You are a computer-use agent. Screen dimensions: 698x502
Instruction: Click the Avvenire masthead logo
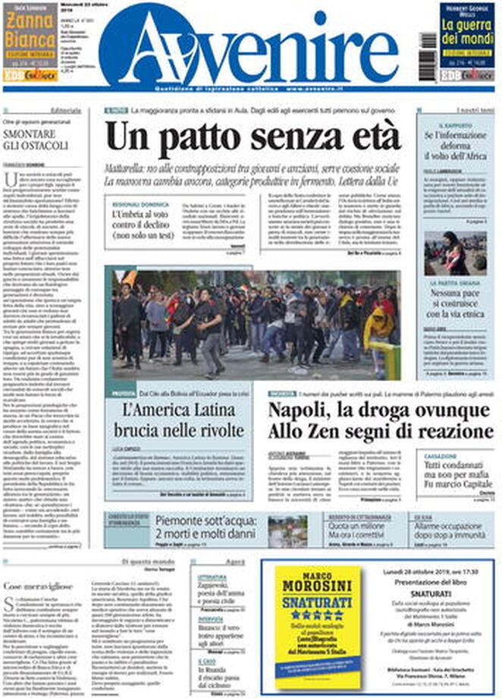[x=250, y=47]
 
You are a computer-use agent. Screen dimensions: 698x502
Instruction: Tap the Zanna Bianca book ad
[x=30, y=42]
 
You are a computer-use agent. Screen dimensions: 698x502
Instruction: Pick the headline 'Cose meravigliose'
[x=42, y=586]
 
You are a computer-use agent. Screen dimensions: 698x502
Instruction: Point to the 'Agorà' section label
[x=236, y=561]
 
